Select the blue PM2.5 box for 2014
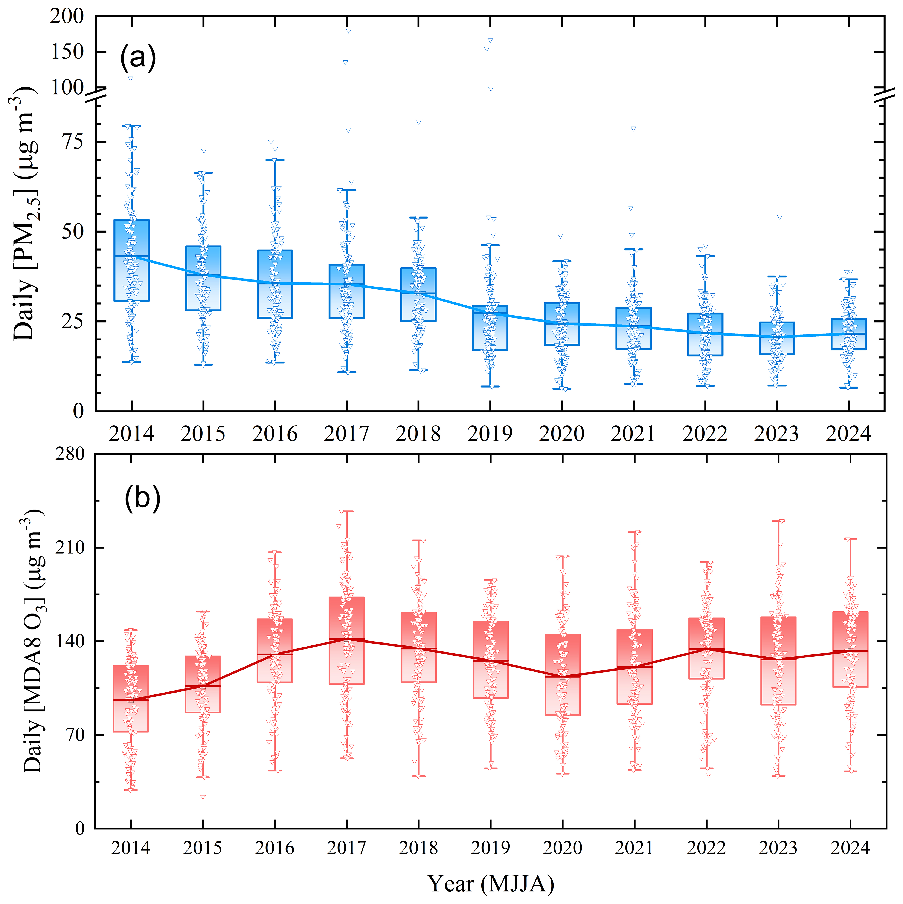(131, 260)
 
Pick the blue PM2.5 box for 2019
(490, 328)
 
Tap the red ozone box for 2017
(346, 640)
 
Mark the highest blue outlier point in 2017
(348, 31)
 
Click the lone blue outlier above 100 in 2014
(131, 79)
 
